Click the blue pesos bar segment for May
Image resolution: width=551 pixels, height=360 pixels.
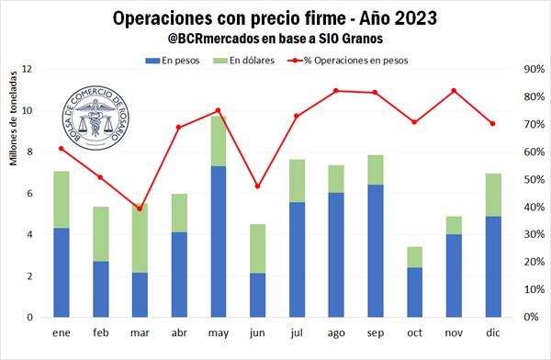point(219,242)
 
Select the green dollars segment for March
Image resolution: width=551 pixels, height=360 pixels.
point(140,239)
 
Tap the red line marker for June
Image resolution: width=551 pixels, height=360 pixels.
point(257,186)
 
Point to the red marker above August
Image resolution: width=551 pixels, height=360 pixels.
point(336,91)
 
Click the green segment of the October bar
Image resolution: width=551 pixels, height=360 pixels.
point(415,257)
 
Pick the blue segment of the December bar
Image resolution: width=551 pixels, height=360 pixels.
point(493,267)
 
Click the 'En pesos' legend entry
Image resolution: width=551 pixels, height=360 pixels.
point(173,61)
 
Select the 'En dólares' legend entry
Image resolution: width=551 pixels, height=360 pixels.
point(244,61)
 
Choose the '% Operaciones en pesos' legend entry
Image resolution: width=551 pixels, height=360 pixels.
point(348,61)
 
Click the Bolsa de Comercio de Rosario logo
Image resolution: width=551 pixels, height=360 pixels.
point(96,118)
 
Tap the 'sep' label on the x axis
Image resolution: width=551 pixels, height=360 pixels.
point(376,333)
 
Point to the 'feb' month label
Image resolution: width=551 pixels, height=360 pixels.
point(101,332)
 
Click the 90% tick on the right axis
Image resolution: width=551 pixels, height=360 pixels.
point(534,69)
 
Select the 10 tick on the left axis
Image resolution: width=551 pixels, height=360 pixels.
point(27,110)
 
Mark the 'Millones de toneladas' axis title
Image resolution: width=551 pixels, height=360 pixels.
point(14,118)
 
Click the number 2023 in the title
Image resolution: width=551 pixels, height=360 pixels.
point(416,18)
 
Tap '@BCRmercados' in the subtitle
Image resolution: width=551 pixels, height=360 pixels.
point(213,39)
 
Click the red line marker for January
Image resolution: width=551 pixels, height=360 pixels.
point(62,149)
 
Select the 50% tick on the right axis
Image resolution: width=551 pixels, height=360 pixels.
point(534,180)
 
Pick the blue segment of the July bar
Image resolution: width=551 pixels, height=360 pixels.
point(297,260)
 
